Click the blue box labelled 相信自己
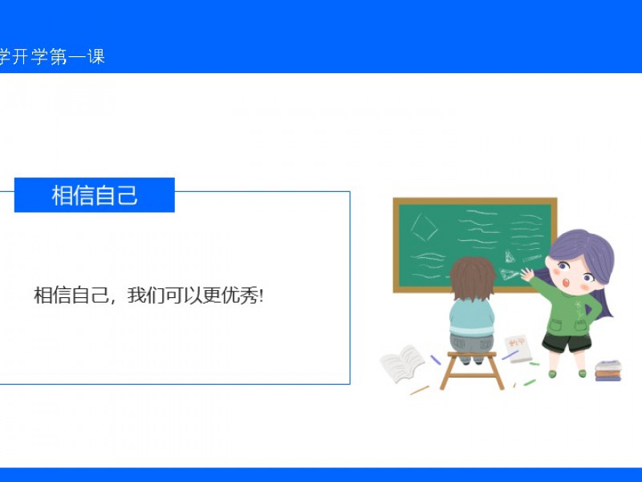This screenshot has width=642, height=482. (x=95, y=195)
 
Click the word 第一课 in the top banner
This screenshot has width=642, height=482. (x=78, y=56)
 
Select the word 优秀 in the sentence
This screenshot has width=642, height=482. (x=240, y=295)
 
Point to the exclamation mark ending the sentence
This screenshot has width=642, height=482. (x=262, y=296)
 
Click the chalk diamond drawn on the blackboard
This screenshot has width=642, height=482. (x=425, y=227)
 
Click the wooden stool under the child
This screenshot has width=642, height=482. (x=472, y=370)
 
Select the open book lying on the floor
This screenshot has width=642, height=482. (x=402, y=363)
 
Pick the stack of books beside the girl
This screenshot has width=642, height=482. (x=608, y=370)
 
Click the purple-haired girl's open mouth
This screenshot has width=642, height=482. (x=567, y=283)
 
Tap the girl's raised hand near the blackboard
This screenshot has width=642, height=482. (x=527, y=275)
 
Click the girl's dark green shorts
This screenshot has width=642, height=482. (x=567, y=342)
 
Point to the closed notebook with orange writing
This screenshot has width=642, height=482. (x=518, y=349)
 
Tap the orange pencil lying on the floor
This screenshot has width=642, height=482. (x=420, y=390)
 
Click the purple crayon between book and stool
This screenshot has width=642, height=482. (x=435, y=360)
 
